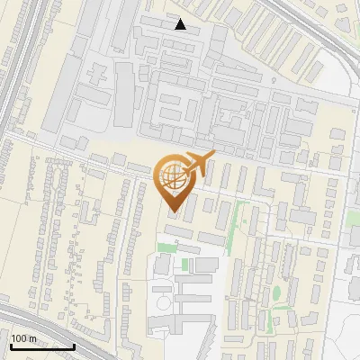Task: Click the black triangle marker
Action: coord(181,24)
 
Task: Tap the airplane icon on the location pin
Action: coord(197,165)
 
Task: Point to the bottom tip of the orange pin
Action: coord(174,214)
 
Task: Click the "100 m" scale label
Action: coord(23,338)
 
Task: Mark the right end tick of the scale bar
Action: coord(74,345)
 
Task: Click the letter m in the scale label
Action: coord(32,338)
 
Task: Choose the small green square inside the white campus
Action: coord(184,265)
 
